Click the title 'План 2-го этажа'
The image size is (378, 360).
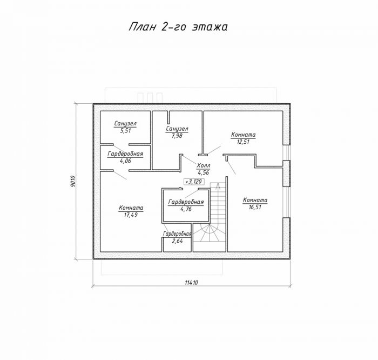point(178,27)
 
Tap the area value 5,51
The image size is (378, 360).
point(125,131)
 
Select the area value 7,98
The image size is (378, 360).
point(177,136)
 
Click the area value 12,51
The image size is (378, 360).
point(243,142)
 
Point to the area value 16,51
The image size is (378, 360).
point(255,207)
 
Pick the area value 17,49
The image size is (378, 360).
point(131,215)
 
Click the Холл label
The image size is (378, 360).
point(203,166)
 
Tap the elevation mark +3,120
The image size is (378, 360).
point(194,182)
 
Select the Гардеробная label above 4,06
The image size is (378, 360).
point(125,154)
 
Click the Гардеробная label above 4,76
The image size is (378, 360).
point(186,202)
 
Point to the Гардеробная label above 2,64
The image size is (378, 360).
point(177,234)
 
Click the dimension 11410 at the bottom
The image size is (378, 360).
point(191,283)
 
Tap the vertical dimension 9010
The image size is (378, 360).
point(73,181)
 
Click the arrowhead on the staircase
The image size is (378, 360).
point(218,185)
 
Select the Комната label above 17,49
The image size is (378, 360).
point(131,208)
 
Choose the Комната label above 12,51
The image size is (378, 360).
point(243,135)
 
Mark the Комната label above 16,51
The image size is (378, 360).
point(255,200)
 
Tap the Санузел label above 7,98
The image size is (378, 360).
point(177,129)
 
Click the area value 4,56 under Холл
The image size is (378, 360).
point(203,173)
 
